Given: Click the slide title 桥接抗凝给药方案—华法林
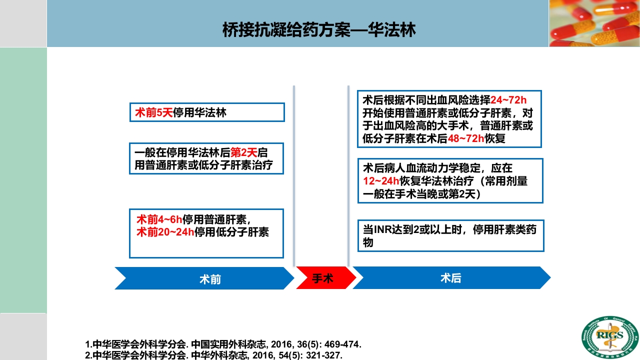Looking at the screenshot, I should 319,31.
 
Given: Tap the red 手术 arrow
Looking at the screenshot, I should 322,278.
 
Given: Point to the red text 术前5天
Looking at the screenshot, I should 153,112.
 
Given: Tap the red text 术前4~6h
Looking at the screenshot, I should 159,219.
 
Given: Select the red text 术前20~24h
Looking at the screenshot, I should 165,232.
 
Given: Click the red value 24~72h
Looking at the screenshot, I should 508,100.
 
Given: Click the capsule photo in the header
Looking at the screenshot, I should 594,23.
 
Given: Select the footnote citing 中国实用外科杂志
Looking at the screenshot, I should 223,344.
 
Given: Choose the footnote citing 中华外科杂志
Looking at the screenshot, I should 214,355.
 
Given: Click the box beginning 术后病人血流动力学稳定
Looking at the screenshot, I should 450,180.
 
